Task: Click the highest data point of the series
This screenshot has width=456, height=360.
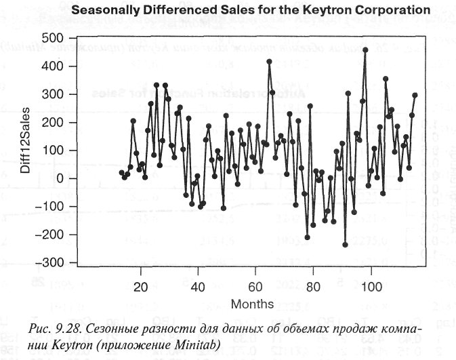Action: click(x=365, y=49)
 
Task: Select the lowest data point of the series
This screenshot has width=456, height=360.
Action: click(x=345, y=245)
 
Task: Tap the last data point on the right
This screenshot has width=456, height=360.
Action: click(x=415, y=96)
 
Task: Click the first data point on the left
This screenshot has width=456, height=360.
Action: click(x=121, y=172)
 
